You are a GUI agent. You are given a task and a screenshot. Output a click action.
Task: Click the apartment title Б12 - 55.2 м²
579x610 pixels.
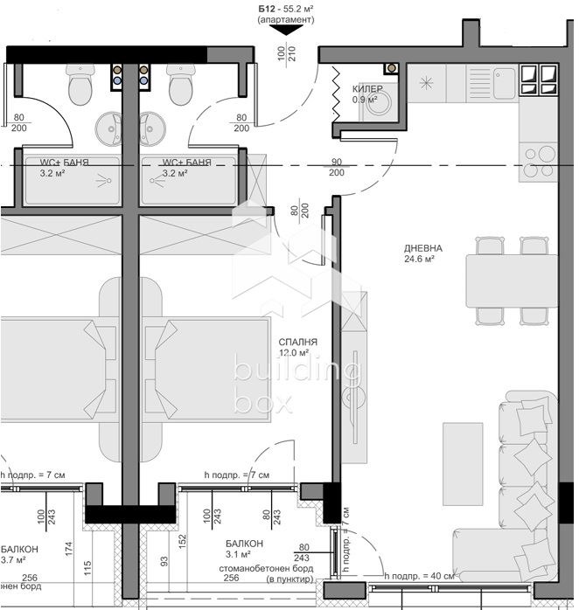(286, 9)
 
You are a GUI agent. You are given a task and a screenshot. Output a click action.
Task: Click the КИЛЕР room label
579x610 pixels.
(367, 89)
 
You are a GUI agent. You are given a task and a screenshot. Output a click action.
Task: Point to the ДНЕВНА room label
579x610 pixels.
(422, 248)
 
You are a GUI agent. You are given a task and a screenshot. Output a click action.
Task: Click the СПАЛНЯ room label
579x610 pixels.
(297, 342)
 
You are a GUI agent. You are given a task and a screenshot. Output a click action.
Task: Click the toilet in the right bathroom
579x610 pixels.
(181, 88)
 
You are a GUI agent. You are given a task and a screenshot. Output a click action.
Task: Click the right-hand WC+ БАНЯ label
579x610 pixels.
(186, 163)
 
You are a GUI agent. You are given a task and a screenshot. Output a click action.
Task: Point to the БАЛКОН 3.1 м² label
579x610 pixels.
(238, 548)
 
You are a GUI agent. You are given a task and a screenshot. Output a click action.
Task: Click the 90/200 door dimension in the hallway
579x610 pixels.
(336, 167)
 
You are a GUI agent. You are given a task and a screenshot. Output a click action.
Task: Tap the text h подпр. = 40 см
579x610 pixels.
(419, 576)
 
